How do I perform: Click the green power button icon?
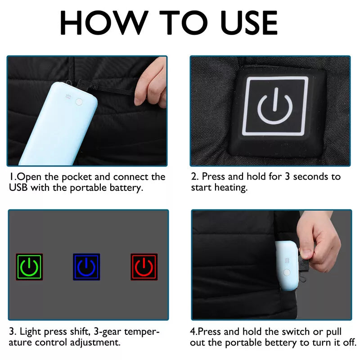click(29, 267)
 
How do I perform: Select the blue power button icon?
click(86, 267)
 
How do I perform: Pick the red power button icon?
click(144, 267)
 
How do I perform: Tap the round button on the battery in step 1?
click(80, 102)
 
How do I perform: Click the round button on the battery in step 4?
click(285, 272)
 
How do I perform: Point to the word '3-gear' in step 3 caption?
click(108, 332)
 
